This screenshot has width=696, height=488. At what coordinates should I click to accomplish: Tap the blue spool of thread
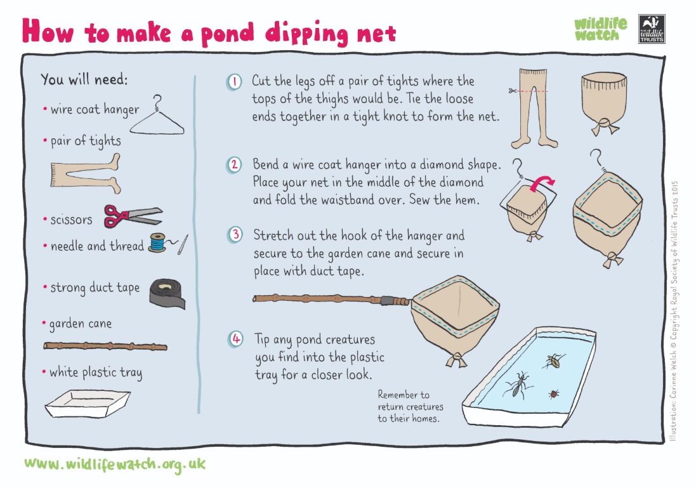tap(157, 242)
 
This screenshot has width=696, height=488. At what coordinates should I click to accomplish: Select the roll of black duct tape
tap(167, 293)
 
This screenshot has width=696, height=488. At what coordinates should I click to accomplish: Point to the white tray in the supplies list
tap(88, 404)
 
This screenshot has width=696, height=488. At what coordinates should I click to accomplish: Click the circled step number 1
tap(234, 82)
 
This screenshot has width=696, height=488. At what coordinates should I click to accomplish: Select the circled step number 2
tap(234, 165)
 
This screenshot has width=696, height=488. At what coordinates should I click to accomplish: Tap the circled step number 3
tap(235, 234)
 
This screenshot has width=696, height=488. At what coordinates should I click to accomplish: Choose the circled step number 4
tap(235, 340)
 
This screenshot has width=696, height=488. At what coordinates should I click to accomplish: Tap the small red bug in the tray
tap(553, 394)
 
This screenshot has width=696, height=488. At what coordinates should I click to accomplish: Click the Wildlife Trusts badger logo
tap(652, 29)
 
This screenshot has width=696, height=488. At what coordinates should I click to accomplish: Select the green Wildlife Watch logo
tap(600, 29)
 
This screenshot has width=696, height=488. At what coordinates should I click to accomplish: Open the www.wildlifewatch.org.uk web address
tap(115, 465)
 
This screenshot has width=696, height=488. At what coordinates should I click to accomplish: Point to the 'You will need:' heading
tap(84, 79)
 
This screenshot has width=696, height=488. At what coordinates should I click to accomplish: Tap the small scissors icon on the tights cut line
tap(513, 91)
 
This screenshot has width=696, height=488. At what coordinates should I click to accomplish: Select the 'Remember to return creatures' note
tap(410, 406)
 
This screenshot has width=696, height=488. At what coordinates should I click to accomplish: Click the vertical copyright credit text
tap(674, 311)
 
